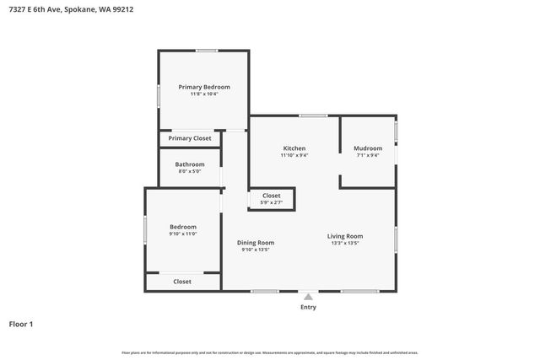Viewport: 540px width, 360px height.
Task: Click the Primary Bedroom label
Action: [x=203, y=87]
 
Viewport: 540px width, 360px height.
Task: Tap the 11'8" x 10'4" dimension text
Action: [x=203, y=94]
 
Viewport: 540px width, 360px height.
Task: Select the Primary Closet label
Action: [x=190, y=138]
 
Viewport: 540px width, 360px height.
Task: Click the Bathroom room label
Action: [x=190, y=164]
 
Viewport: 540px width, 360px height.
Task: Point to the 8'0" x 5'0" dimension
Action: [x=190, y=172]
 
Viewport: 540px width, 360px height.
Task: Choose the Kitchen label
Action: [x=294, y=148]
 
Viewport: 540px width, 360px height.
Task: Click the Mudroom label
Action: [x=368, y=148]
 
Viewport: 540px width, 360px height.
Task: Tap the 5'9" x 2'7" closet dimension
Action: [x=271, y=202]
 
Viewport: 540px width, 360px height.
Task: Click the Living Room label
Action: [x=345, y=236]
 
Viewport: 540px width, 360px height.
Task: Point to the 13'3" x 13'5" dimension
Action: [x=345, y=244]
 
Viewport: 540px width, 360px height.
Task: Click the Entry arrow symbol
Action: [x=308, y=297]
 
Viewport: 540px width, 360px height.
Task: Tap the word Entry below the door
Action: [x=308, y=307]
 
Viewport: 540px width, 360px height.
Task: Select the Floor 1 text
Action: [x=21, y=324]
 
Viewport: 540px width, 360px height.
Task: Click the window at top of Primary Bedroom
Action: [x=207, y=51]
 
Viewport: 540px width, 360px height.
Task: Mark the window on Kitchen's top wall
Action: [x=313, y=116]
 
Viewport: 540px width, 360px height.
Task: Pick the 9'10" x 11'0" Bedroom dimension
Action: [x=183, y=234]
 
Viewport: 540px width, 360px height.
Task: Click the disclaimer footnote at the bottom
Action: [x=270, y=352]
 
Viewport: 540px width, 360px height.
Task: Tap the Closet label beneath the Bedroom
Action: [x=182, y=282]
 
